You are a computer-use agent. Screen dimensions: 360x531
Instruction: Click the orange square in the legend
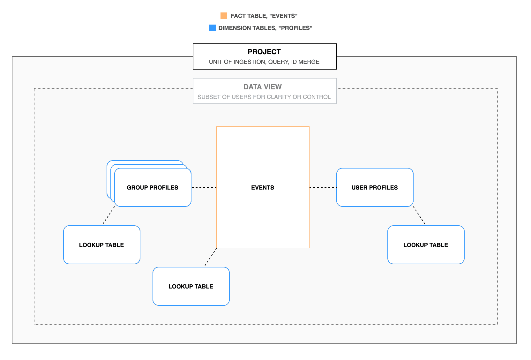click(224, 16)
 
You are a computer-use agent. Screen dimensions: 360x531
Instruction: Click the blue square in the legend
click(213, 28)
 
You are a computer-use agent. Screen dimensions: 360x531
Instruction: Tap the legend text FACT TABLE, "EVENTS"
click(264, 16)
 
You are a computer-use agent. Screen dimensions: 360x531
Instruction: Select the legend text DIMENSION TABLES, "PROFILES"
click(265, 28)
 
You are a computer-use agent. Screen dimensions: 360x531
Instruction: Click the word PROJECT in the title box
click(264, 52)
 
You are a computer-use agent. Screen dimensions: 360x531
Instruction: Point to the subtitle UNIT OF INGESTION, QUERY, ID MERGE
click(264, 62)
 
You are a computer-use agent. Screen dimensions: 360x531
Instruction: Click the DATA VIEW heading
click(263, 87)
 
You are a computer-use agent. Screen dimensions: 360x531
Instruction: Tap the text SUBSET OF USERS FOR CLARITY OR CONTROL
click(264, 97)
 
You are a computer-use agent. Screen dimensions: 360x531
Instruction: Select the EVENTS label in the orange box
click(263, 187)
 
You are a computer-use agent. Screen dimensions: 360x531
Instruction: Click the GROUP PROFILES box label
click(153, 187)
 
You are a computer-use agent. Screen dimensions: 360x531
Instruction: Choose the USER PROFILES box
click(375, 187)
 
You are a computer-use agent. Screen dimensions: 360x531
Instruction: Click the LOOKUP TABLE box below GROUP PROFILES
click(101, 245)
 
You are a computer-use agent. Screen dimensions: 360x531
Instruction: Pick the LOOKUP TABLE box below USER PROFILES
click(426, 245)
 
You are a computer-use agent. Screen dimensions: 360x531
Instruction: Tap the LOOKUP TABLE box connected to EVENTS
click(191, 286)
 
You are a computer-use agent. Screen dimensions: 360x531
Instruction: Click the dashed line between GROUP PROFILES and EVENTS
click(204, 187)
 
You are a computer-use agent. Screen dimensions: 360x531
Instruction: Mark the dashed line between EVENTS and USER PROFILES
click(323, 187)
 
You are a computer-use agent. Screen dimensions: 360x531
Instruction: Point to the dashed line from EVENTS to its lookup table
click(211, 257)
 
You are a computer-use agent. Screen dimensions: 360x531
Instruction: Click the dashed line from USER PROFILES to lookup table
click(419, 215)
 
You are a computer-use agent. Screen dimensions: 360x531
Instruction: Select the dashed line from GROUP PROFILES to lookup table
click(109, 215)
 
